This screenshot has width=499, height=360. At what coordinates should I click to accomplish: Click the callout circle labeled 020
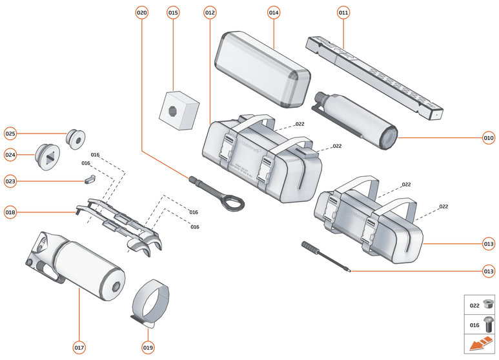point(142,13)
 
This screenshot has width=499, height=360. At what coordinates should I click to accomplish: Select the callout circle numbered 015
point(173,13)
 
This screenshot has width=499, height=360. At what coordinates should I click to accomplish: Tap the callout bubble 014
point(274,13)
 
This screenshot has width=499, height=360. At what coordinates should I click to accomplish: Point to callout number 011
point(343,13)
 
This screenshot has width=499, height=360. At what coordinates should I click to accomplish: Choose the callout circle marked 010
point(489,137)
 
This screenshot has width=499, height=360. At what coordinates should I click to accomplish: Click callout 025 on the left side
point(10,134)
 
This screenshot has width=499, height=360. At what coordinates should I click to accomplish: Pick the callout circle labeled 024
point(10,155)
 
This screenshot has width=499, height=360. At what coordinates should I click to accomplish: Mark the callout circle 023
point(10,181)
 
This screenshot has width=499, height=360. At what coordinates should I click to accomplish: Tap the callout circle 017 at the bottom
point(79,348)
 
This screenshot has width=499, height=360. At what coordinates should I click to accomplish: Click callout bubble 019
point(148,348)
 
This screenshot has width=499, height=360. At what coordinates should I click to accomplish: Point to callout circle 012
point(210,13)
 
